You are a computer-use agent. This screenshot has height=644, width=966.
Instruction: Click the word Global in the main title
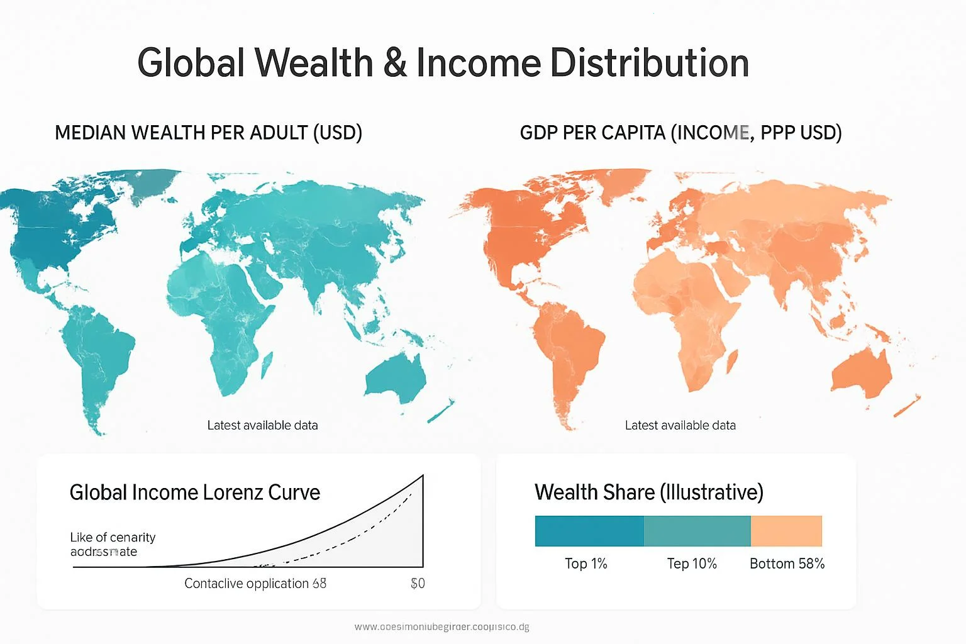(191, 63)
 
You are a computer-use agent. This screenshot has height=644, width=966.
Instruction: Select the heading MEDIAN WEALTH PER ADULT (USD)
(208, 133)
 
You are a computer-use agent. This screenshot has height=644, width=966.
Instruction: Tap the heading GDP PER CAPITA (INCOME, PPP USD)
(680, 133)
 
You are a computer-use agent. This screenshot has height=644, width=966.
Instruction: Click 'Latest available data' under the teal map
(262, 426)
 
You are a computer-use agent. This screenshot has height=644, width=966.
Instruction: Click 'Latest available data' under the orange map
(680, 426)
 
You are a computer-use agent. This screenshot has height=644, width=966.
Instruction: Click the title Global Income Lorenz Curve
(194, 492)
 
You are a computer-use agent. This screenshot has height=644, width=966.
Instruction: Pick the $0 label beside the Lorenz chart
(418, 584)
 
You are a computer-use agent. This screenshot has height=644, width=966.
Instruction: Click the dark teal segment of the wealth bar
(589, 531)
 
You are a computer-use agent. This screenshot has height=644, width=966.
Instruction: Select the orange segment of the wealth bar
(786, 531)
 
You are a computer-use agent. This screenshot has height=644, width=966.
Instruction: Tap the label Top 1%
(586, 564)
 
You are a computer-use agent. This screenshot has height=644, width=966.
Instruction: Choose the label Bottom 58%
(787, 564)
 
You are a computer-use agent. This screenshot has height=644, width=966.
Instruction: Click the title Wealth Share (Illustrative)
(648, 492)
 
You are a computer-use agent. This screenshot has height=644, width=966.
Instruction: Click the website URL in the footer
(441, 627)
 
